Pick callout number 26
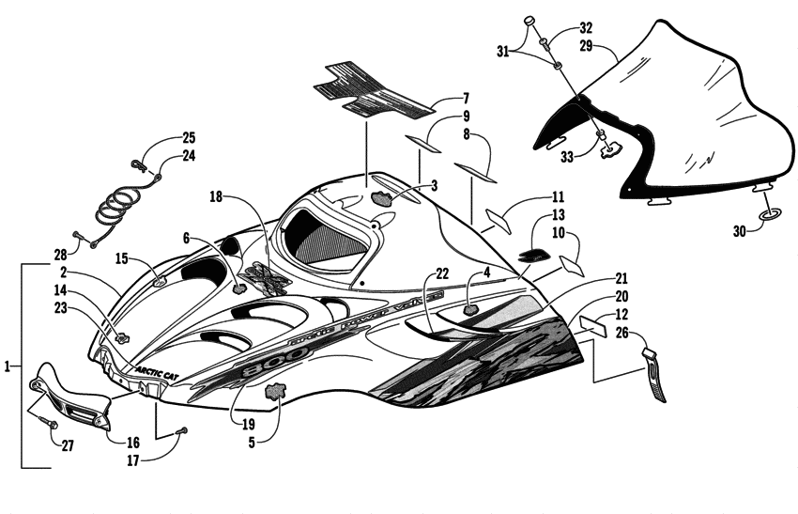tap(595, 335)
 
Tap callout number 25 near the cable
tap(188, 136)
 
